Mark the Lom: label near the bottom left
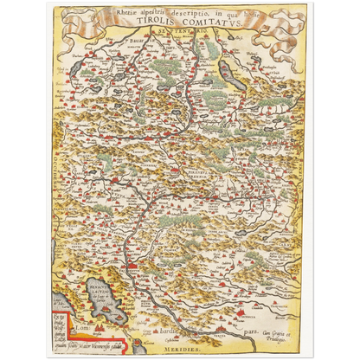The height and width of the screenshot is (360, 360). [80, 331]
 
